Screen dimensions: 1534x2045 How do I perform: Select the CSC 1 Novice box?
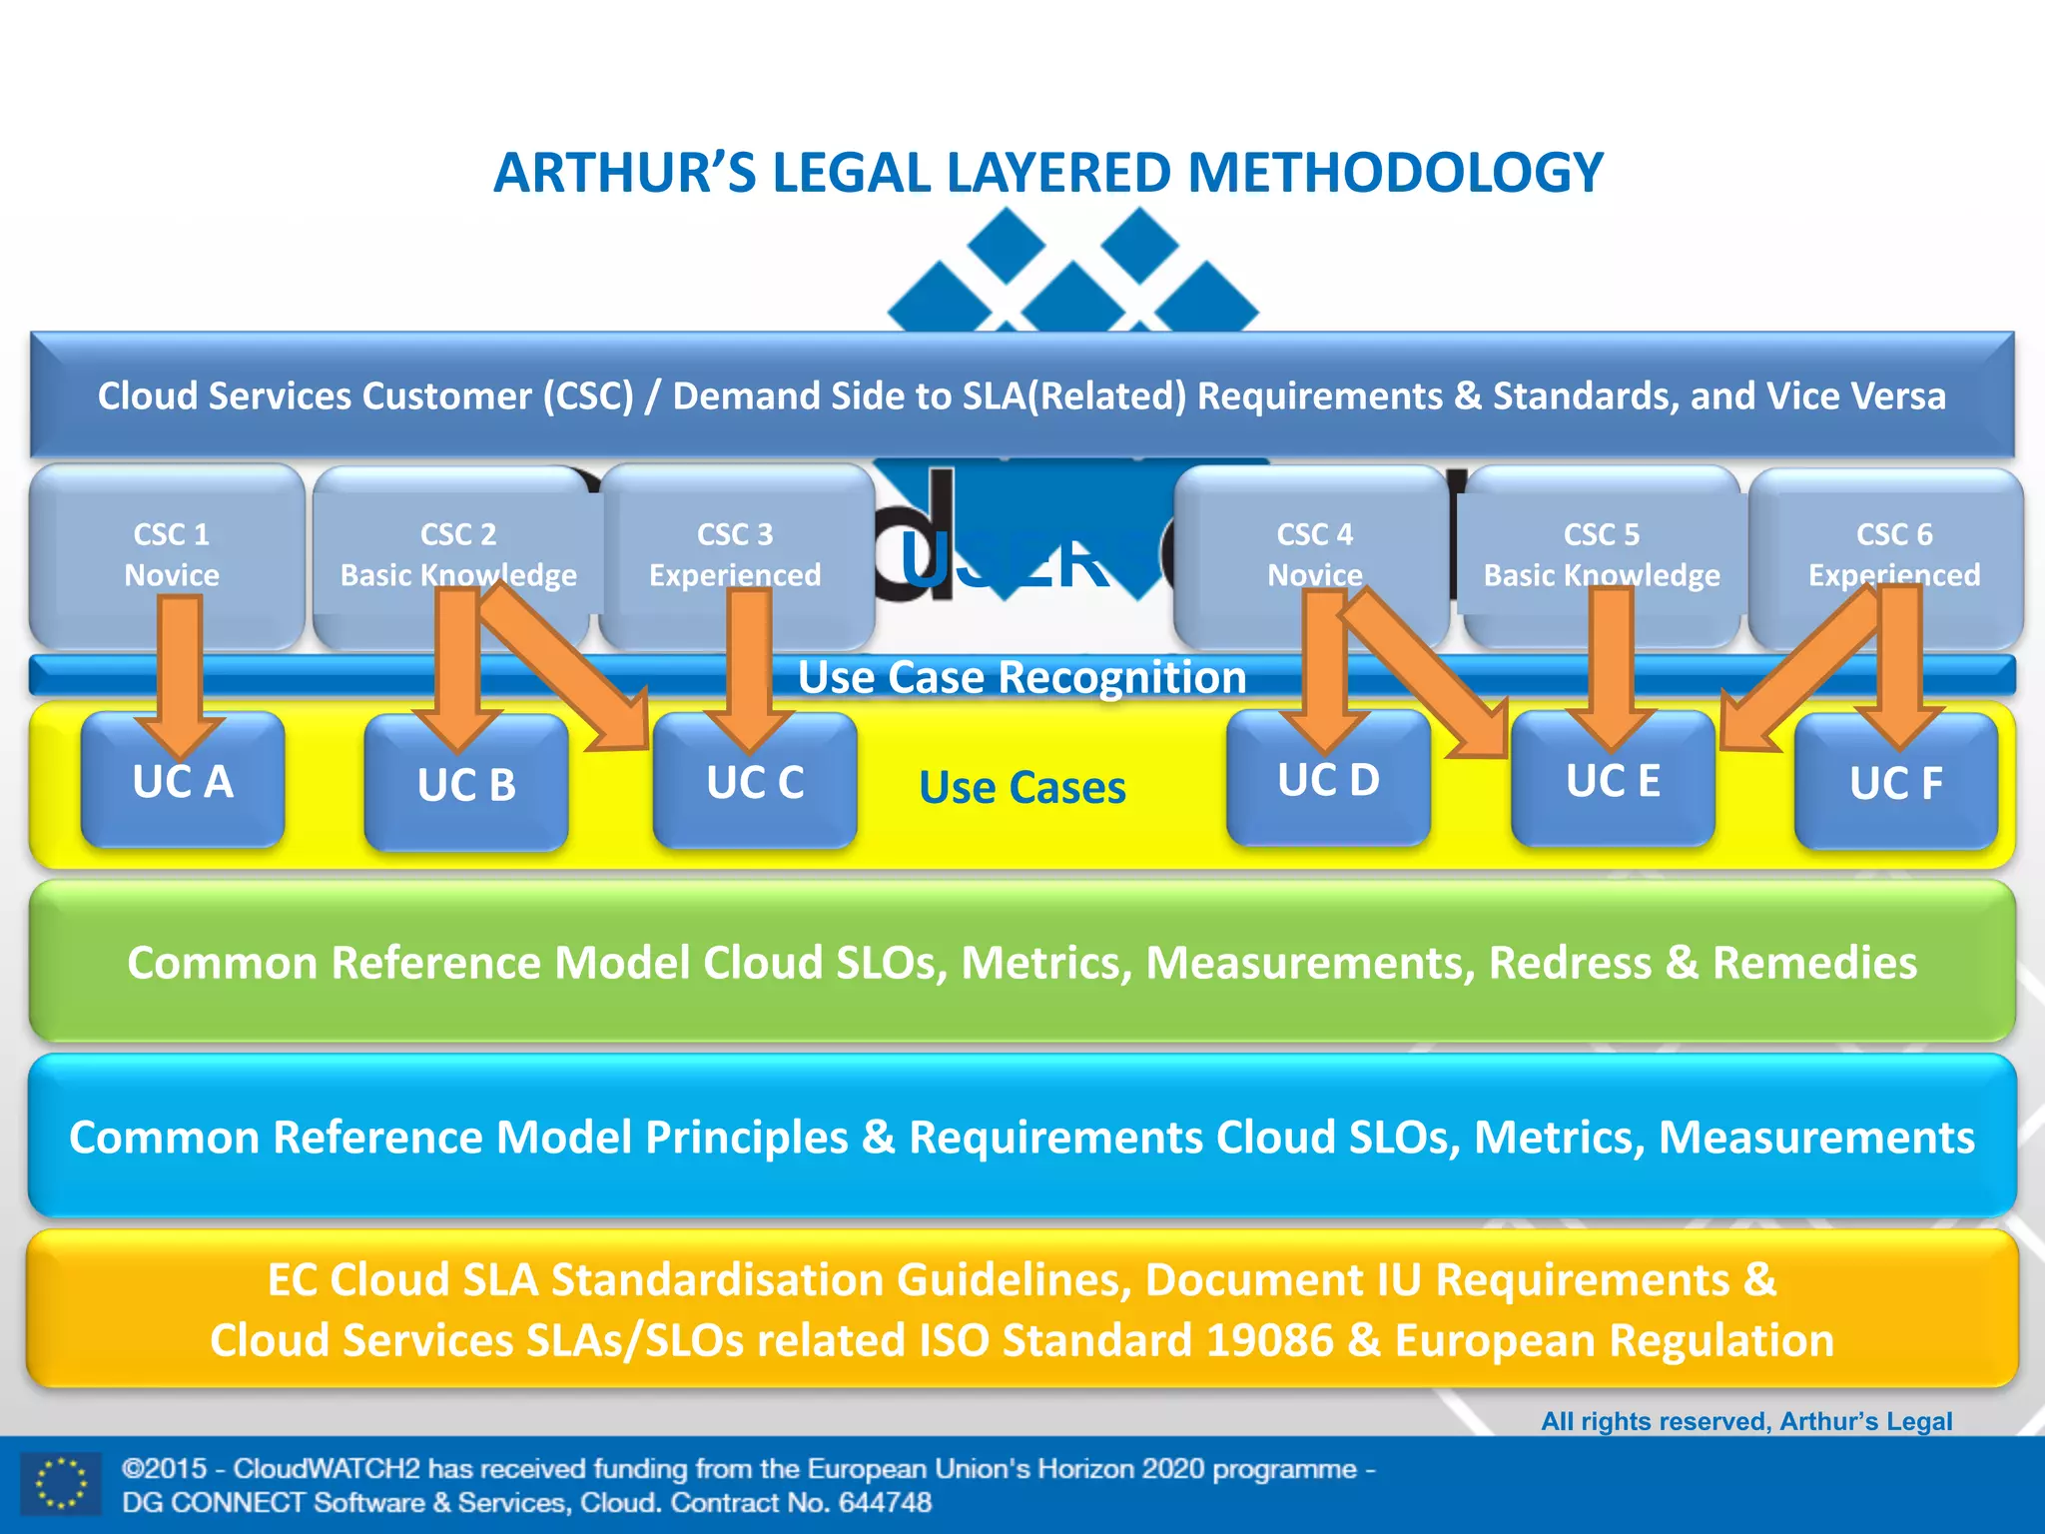(171, 554)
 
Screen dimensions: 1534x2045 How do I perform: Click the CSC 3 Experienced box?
(735, 554)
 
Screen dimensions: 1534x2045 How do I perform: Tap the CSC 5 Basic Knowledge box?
(1602, 554)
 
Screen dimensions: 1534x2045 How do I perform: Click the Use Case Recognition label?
(1022, 677)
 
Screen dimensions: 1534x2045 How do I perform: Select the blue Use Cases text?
(1022, 787)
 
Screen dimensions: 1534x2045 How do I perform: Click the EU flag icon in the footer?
(61, 1484)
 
